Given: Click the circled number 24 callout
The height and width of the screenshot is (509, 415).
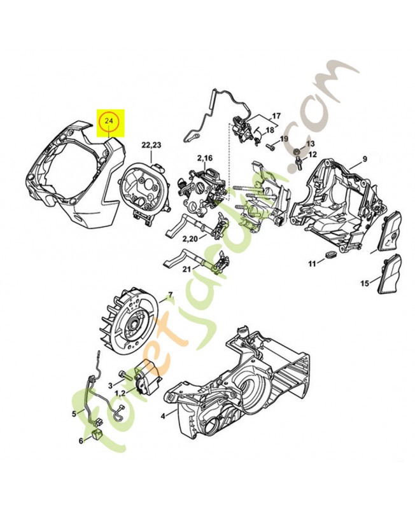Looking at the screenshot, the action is click(x=109, y=121).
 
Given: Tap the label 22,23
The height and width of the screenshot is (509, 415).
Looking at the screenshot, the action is click(x=151, y=145).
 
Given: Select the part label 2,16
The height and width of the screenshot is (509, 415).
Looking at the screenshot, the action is click(x=204, y=158).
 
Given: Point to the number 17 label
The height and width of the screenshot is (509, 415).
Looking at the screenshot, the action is click(x=276, y=116).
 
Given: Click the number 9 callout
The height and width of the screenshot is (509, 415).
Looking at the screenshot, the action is click(x=365, y=159).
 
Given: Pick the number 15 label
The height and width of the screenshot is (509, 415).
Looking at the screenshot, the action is click(x=365, y=283).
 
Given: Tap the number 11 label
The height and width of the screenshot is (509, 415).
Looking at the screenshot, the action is click(x=312, y=264).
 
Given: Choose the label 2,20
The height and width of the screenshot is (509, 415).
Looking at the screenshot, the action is click(x=190, y=239).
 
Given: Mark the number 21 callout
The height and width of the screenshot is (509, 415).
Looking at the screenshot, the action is click(x=186, y=268).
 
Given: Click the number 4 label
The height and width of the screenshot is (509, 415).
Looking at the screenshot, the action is click(x=163, y=416).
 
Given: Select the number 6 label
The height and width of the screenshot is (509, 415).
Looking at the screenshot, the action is click(x=81, y=440).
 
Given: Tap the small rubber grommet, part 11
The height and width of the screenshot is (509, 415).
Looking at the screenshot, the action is click(x=331, y=254).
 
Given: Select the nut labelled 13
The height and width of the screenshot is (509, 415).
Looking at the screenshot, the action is click(x=297, y=151).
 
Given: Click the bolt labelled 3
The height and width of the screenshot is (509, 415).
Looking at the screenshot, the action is click(x=125, y=375).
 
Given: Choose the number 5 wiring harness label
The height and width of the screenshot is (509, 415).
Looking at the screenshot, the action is click(x=74, y=414).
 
